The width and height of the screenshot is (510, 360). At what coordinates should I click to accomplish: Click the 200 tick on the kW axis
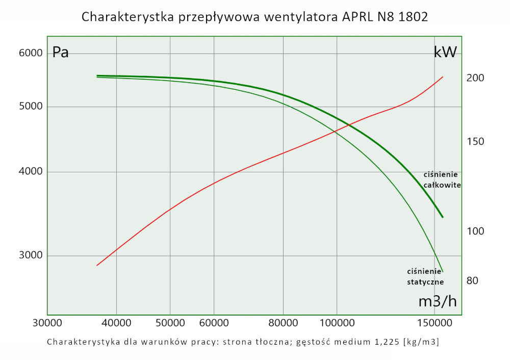[x=475, y=78]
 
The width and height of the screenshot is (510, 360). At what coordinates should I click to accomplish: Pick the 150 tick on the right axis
[x=475, y=141]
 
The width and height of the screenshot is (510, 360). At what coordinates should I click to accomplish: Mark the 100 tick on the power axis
[x=475, y=232]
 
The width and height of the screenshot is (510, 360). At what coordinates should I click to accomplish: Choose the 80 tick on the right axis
[x=472, y=280]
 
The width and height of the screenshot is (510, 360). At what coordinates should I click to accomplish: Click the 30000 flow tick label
[x=47, y=323]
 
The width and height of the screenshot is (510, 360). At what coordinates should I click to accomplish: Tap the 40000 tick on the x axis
[x=116, y=323]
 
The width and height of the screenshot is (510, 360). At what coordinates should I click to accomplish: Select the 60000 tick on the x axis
[x=213, y=323]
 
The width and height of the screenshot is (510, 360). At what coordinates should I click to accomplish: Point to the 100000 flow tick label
[x=337, y=323]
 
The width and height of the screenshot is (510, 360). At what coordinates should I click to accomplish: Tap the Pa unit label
[x=61, y=53]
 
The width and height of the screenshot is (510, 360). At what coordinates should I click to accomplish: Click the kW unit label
[x=445, y=52]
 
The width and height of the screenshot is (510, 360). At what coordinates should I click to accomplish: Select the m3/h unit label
[x=437, y=301]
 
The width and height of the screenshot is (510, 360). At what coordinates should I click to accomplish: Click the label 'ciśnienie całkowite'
[x=442, y=180]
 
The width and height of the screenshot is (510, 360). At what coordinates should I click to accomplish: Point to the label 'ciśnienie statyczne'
[x=425, y=276]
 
